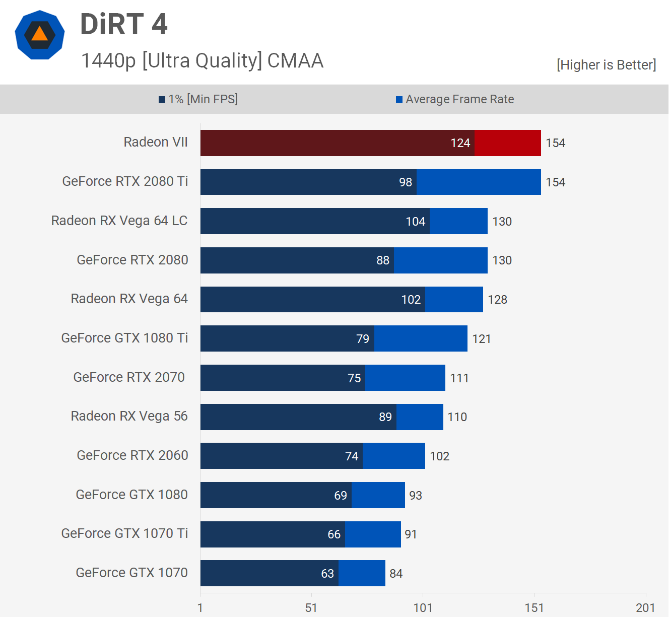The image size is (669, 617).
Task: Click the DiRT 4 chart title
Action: click(124, 24)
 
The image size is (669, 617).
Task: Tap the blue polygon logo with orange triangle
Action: click(40, 35)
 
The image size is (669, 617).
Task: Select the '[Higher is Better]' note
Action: click(606, 65)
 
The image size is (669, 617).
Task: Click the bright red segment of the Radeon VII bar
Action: click(507, 143)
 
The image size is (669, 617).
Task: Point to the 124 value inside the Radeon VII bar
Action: click(460, 143)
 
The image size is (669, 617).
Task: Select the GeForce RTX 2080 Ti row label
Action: click(125, 181)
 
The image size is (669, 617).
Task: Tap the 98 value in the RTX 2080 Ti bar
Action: click(406, 182)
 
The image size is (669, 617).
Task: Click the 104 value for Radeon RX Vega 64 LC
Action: click(416, 222)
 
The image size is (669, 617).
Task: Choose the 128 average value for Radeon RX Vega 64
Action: click(497, 300)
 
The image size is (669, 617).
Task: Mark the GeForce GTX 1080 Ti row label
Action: click(124, 338)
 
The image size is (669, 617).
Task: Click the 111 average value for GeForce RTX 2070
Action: click(459, 378)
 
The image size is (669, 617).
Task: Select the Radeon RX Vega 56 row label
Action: click(129, 416)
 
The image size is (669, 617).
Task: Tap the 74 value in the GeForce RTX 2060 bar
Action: click(352, 456)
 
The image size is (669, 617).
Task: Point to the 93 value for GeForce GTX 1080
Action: click(416, 496)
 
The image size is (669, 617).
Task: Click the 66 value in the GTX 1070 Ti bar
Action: click(334, 534)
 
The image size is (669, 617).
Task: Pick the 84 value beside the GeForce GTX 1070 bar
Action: click(396, 574)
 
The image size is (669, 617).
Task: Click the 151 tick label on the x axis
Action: click(534, 608)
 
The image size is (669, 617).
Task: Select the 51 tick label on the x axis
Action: click(311, 608)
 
